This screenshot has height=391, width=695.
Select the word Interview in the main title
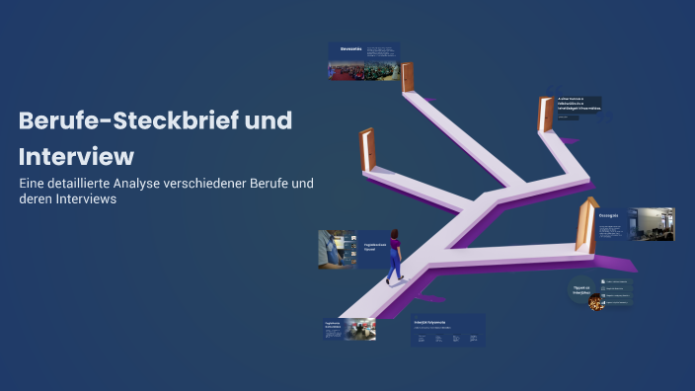[x=76, y=156]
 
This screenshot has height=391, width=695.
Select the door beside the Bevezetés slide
[x=408, y=76]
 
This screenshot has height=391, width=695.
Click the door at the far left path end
[x=367, y=150]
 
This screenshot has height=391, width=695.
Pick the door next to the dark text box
[x=544, y=115]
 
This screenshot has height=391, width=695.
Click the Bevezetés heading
[x=351, y=48]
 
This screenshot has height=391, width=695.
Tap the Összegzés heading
[x=609, y=214]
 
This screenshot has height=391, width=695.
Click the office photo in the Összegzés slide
[x=653, y=224]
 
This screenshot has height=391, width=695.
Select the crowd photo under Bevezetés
[x=362, y=70]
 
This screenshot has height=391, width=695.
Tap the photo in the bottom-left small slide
[x=359, y=329]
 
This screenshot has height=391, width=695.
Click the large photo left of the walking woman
[x=336, y=249]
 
